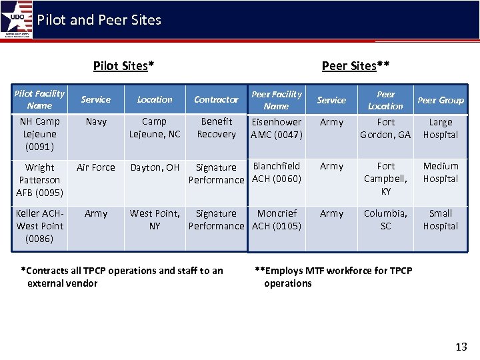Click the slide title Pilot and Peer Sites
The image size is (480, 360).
[99, 20]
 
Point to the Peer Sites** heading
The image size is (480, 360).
[355, 65]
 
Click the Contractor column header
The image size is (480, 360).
[216, 100]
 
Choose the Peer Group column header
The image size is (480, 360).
[440, 101]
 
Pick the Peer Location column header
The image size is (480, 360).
[385, 100]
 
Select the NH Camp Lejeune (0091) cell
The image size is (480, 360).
[39, 134]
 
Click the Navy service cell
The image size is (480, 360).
[96, 122]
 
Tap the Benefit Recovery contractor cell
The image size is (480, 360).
[217, 128]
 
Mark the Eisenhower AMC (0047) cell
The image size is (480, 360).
[276, 129]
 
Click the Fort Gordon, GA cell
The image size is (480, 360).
[385, 129]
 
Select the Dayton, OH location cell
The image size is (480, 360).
[155, 168]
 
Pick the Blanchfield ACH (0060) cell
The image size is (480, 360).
[277, 173]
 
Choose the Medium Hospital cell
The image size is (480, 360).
[441, 173]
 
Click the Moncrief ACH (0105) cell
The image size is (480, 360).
[277, 220]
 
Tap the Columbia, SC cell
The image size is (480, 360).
[385, 220]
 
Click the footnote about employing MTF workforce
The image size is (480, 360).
[333, 277]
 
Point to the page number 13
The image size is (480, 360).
[461, 347]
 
